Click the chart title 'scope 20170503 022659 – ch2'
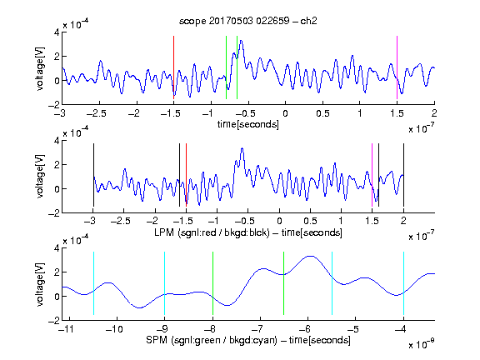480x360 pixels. click(248, 21)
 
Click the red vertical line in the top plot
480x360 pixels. click(173, 67)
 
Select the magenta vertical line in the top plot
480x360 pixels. click(397, 67)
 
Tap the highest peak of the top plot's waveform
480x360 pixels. click(241, 40)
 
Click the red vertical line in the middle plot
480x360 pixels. click(186, 175)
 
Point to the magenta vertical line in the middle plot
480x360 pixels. click(372, 175)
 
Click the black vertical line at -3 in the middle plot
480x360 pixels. click(93, 175)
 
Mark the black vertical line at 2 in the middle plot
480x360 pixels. click(403, 175)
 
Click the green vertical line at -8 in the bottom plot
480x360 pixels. click(212, 283)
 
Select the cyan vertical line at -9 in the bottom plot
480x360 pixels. click(164, 283)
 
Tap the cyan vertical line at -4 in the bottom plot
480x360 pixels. click(403, 283)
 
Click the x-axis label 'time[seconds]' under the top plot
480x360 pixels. click(248, 124)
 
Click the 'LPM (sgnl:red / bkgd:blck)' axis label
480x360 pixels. click(212, 232)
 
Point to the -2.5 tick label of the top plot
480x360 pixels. click(97, 113)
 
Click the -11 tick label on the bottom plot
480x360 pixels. click(66, 329)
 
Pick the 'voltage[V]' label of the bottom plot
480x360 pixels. click(40, 285)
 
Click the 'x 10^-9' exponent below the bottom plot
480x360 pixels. click(421, 344)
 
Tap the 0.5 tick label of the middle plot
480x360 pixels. click(310, 221)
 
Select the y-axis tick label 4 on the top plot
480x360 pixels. click(57, 32)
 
